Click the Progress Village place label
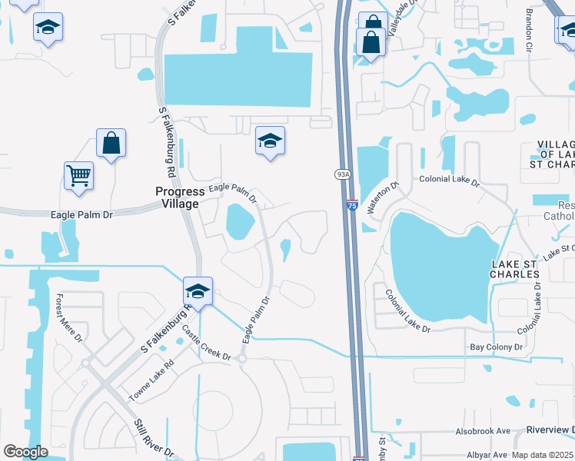(177, 197)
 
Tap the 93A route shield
(343, 174)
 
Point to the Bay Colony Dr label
(496, 348)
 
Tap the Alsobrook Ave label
(483, 431)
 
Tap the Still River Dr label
(154, 439)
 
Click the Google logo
(25, 451)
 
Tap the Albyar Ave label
(489, 454)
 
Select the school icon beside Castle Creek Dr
(198, 291)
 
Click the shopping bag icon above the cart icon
(111, 142)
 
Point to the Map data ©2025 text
(542, 454)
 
